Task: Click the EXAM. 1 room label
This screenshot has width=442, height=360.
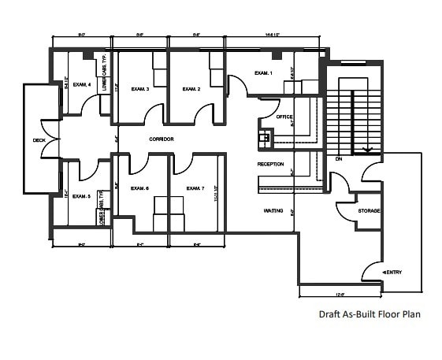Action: point(263,73)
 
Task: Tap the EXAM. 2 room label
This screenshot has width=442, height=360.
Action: point(192,90)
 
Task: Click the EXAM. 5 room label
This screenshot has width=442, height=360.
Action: point(82,196)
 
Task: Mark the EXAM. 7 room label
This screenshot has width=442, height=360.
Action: point(195,188)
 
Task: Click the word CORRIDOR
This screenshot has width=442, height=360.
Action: point(161,139)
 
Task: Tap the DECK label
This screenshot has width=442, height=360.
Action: point(39,140)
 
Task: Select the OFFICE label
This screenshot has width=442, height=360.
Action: point(284,117)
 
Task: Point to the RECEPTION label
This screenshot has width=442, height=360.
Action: point(270,164)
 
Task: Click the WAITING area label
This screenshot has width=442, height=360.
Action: point(273,211)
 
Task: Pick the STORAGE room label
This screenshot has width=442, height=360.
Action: point(370,211)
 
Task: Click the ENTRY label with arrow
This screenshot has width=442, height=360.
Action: point(392,273)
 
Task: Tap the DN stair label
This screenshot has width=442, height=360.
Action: point(338,158)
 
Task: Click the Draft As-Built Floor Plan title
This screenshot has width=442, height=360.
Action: point(370,314)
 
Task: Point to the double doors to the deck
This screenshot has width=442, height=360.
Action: point(50,140)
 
